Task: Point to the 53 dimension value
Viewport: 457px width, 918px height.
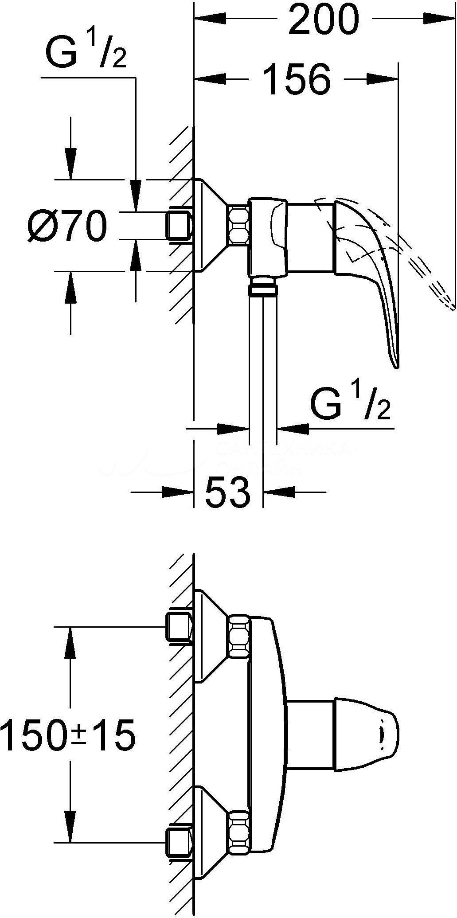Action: pyautogui.click(x=228, y=492)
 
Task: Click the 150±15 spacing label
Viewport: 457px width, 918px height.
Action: pyautogui.click(x=68, y=736)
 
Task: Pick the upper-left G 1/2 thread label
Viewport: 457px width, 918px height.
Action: pyautogui.click(x=86, y=53)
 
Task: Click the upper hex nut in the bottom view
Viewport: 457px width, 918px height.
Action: pyautogui.click(x=239, y=635)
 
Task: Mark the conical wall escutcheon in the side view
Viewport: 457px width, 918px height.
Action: pyautogui.click(x=211, y=225)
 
